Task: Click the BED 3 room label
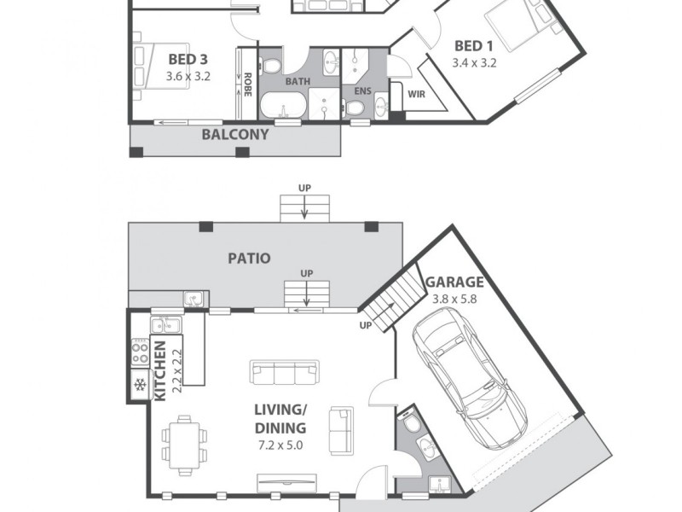click(188, 60)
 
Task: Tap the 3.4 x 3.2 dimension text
click(475, 62)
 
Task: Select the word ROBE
click(248, 84)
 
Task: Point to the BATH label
click(298, 82)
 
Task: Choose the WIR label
click(417, 94)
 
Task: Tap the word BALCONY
click(234, 134)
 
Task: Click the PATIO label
click(249, 257)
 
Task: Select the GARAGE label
click(454, 282)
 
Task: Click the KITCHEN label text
click(159, 370)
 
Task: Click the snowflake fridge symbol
click(138, 385)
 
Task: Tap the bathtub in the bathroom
click(281, 108)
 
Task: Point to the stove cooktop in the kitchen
click(139, 353)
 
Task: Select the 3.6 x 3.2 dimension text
click(188, 76)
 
